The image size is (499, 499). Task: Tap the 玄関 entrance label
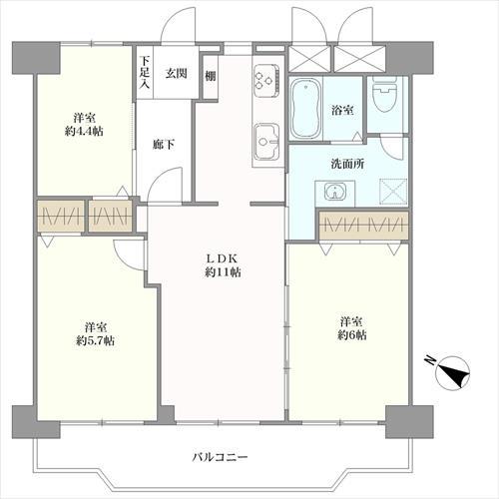[x=177, y=72]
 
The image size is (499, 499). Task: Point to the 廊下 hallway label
[x=164, y=146]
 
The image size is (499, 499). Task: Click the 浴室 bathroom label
[x=342, y=111]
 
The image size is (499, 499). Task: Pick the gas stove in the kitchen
[x=266, y=76]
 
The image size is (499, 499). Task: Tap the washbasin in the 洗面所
[x=326, y=192]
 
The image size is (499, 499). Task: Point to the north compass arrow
[x=457, y=374]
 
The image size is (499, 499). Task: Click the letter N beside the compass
[x=426, y=361]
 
